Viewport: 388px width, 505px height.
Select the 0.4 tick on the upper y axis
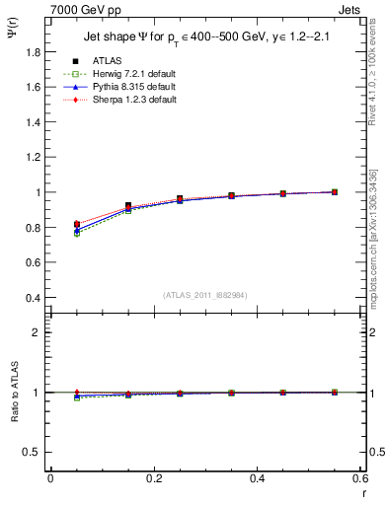point(37,298)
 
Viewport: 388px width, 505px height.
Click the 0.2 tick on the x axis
point(154,477)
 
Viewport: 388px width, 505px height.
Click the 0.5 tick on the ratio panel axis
point(37,452)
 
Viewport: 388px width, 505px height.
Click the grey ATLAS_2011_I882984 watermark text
point(205,295)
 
